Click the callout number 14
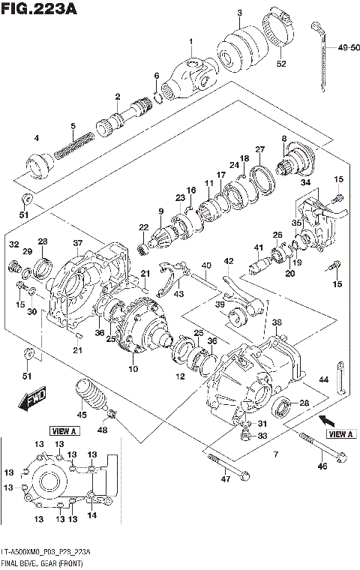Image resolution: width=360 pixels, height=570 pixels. [92, 515]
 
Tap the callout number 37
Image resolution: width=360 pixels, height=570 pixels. [77, 242]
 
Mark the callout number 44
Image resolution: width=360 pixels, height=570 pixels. [323, 381]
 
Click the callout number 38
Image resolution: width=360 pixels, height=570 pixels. [277, 322]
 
